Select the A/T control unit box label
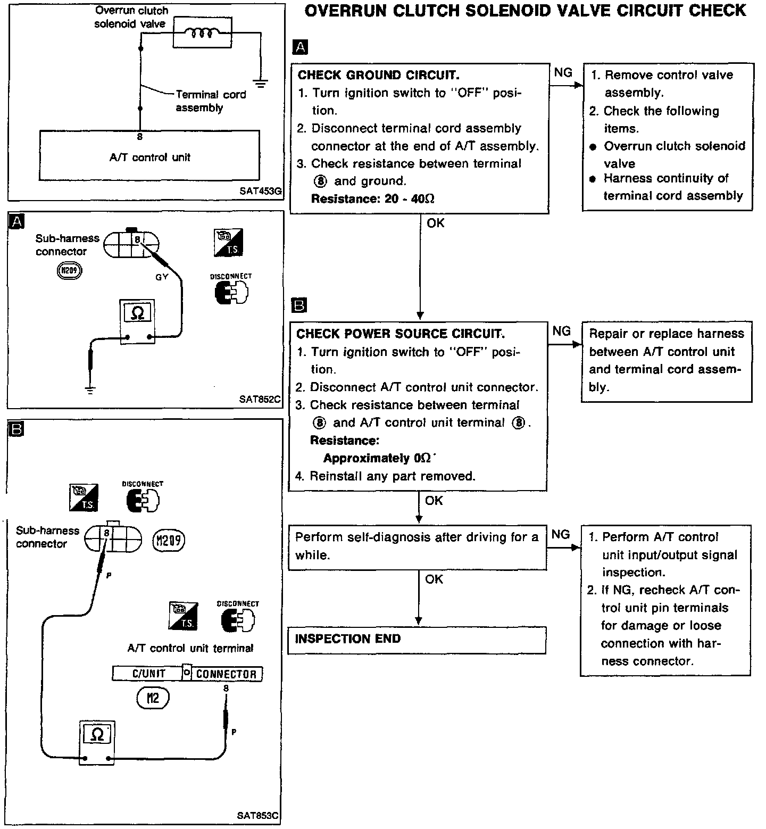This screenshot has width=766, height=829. coord(149,157)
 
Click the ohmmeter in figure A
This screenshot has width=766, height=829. coord(137,321)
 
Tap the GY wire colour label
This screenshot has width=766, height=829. coord(162,277)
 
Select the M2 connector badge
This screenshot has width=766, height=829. coord(152,698)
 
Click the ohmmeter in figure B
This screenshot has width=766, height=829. coord(97,742)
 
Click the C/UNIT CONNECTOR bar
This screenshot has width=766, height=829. coord(187,674)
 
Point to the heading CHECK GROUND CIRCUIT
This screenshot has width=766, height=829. coord(378,75)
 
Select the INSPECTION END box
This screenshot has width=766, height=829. coord(417,640)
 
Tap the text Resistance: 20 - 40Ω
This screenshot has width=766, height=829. coord(372,199)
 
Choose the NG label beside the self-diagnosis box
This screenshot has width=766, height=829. coord(560,534)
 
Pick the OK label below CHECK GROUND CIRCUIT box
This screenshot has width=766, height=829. coord(435,223)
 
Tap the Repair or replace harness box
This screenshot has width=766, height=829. coord(666,361)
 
